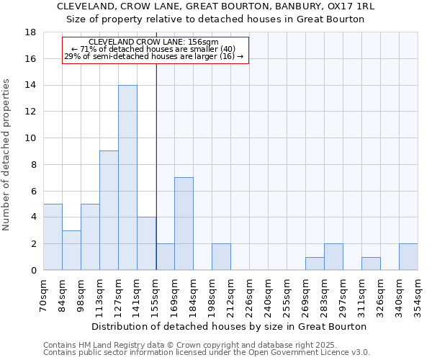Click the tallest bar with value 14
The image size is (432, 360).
(x=127, y=178)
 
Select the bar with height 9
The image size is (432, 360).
(x=109, y=210)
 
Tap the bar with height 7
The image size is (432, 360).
(x=184, y=224)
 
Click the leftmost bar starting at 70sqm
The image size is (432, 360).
(x=53, y=237)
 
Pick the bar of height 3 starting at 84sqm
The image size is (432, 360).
(x=71, y=250)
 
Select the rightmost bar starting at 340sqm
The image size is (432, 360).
(x=408, y=257)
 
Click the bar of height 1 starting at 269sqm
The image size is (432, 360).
(x=315, y=264)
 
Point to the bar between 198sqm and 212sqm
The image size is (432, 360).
(x=221, y=257)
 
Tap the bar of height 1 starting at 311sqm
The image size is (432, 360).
(x=371, y=264)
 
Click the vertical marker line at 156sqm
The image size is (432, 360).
(x=156, y=166)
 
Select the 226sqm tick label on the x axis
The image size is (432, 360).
(x=249, y=294)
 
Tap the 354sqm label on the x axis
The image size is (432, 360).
(x=418, y=294)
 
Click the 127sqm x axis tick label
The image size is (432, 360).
(x=118, y=294)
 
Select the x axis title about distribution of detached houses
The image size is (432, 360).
(x=230, y=326)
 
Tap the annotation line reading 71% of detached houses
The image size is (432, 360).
(x=153, y=49)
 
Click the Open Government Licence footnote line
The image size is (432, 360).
(x=206, y=352)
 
